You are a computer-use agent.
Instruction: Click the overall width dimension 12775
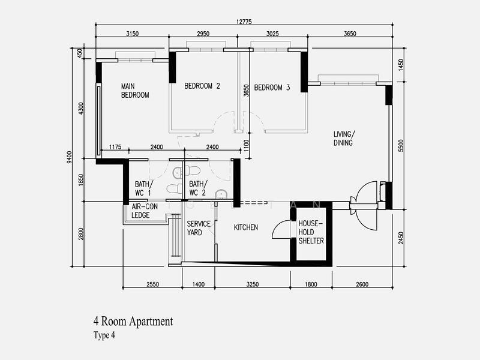pyautogui.click(x=244, y=22)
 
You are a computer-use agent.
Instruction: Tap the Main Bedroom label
pyautogui.click(x=135, y=91)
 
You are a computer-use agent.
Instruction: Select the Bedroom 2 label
pyautogui.click(x=202, y=86)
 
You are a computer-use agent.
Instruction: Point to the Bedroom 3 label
pyautogui.click(x=272, y=88)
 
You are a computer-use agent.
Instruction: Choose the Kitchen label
pyautogui.click(x=246, y=227)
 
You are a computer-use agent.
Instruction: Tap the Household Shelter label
pyautogui.click(x=311, y=232)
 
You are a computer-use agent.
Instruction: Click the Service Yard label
pyautogui.click(x=199, y=228)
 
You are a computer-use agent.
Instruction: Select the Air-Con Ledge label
pyautogui.click(x=145, y=211)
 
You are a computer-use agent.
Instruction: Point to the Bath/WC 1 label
pyautogui.click(x=143, y=188)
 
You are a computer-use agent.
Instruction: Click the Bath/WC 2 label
pyautogui.click(x=198, y=188)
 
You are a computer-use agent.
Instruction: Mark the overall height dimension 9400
pyautogui.click(x=70, y=157)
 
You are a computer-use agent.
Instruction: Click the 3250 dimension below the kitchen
pyautogui.click(x=253, y=284)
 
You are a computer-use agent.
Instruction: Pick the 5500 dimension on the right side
pyautogui.click(x=401, y=146)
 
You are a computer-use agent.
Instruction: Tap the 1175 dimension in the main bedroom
pyautogui.click(x=115, y=147)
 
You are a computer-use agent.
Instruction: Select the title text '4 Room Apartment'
pyautogui.click(x=133, y=322)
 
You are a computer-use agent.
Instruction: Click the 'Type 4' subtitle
pyautogui.click(x=104, y=335)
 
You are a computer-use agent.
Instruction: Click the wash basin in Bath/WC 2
pyautogui.click(x=221, y=194)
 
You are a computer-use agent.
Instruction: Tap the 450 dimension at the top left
pyautogui.click(x=80, y=53)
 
